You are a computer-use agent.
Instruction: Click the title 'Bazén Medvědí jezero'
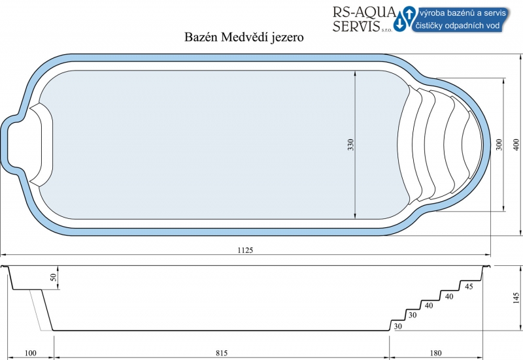pyautogui.click(x=244, y=37)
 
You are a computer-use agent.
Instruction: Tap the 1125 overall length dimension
pyautogui.click(x=245, y=250)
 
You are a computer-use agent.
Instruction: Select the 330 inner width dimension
pyautogui.click(x=350, y=144)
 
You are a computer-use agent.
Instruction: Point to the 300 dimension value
pyautogui.click(x=499, y=144)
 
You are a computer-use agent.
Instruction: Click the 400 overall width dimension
pyautogui.click(x=516, y=144)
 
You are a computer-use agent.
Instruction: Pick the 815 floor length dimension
pyautogui.click(x=222, y=353)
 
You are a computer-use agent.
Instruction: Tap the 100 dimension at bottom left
pyautogui.click(x=30, y=353)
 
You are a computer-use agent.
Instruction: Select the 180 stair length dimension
pyautogui.click(x=435, y=353)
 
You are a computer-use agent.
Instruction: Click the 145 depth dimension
pyautogui.click(x=516, y=298)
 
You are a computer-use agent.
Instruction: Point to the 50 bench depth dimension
pyautogui.click(x=54, y=277)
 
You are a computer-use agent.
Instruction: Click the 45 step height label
pyautogui.click(x=469, y=286)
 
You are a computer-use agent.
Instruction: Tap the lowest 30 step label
pyautogui.click(x=398, y=326)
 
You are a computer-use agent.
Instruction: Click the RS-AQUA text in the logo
pyautogui.click(x=364, y=12)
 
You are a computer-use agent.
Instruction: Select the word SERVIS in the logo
pyautogui.click(x=356, y=26)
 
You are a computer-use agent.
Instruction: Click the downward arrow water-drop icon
pyautogui.click(x=399, y=24)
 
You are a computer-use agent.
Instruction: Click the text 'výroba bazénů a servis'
pyautogui.click(x=463, y=13)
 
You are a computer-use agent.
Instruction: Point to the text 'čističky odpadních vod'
pyautogui.click(x=457, y=25)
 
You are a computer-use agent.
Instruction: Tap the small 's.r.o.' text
pyautogui.click(x=387, y=30)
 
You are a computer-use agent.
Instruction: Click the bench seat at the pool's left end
pyautogui.click(x=41, y=144)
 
